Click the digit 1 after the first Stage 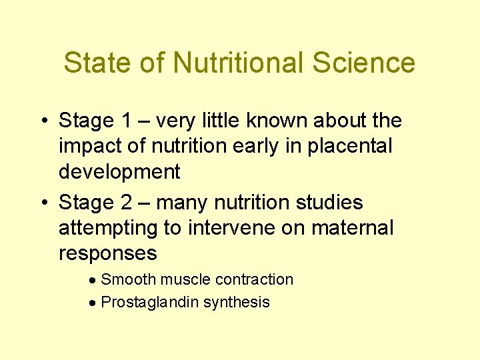[x=127, y=121]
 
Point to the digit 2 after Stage [x=127, y=202]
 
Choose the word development [x=119, y=172]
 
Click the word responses [x=108, y=253]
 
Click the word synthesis [x=236, y=303]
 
